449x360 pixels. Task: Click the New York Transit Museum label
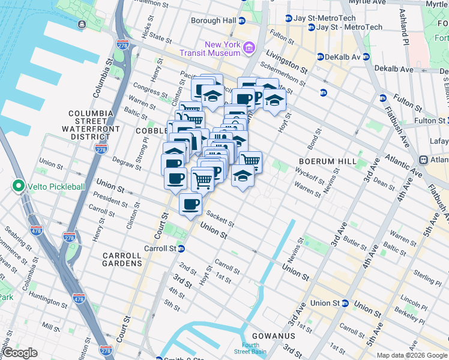click(222, 48)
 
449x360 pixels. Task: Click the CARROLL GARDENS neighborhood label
click(122, 259)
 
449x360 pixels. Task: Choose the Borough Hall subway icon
click(241, 20)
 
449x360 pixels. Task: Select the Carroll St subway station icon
click(180, 248)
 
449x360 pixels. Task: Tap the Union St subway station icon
click(345, 303)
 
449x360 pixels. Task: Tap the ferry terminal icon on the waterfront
click(81, 24)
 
